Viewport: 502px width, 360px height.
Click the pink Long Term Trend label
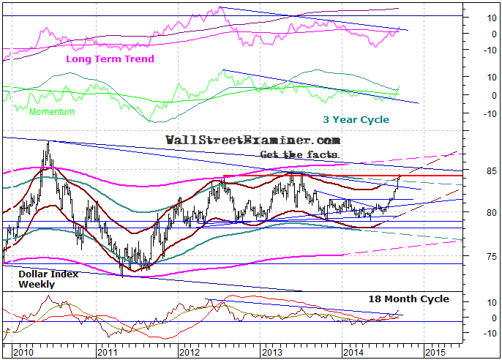point(110,58)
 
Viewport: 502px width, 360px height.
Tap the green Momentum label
point(52,112)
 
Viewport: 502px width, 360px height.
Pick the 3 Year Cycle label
point(356,119)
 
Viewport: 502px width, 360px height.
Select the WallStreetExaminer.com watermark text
point(252,140)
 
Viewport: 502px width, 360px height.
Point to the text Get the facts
point(300,154)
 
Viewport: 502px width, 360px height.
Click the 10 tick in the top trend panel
point(475,15)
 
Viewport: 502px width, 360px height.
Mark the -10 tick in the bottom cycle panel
point(473,334)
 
